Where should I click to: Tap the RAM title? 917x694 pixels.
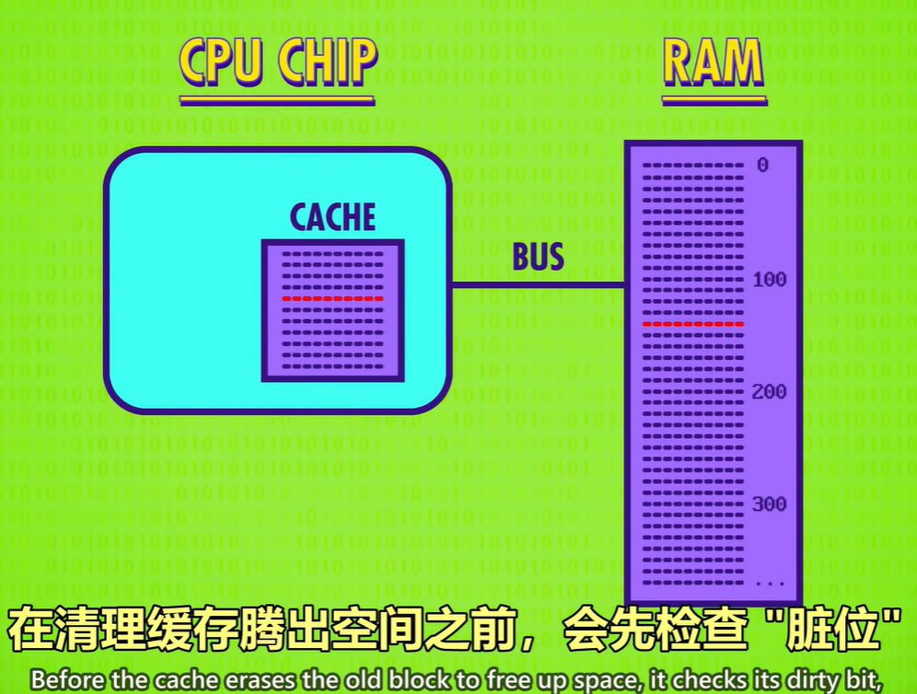(714, 63)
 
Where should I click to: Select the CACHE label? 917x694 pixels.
(332, 217)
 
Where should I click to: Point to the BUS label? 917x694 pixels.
(538, 257)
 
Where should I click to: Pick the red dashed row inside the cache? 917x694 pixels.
(332, 298)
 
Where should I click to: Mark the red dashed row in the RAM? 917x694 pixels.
(692, 324)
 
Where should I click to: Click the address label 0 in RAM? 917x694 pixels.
(762, 166)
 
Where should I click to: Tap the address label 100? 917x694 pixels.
(770, 279)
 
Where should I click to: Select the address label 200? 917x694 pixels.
(770, 392)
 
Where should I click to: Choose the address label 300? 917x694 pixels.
(770, 504)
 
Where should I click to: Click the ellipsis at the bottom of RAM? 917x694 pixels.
(769, 582)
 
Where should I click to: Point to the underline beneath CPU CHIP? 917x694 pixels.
(277, 99)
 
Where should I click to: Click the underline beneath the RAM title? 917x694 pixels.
(714, 99)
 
